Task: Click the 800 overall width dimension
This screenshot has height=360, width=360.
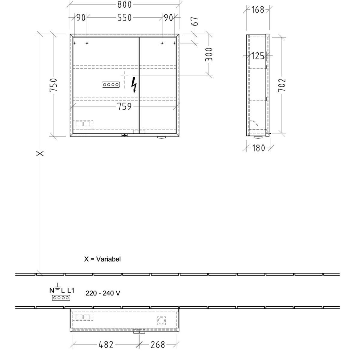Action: [124, 4]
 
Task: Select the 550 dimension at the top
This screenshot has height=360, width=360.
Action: [124, 18]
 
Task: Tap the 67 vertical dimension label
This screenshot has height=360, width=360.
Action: [195, 21]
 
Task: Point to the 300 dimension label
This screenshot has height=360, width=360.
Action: [209, 55]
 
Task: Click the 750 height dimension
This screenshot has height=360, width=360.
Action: [53, 85]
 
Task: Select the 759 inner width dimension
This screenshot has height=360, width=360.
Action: [124, 107]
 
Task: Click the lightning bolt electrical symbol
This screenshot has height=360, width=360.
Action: [134, 85]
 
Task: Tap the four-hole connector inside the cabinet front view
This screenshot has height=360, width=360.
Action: [111, 85]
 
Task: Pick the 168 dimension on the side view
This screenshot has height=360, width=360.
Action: [258, 10]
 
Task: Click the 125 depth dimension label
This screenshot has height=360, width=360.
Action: [258, 56]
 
